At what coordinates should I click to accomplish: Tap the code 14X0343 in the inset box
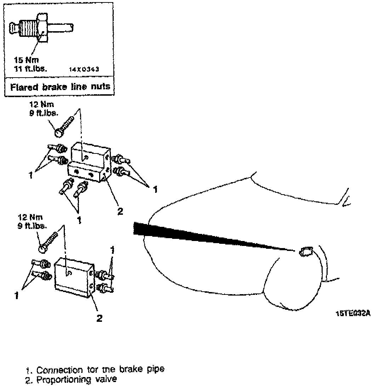coord(85,69)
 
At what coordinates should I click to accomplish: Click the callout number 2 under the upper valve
coord(120,212)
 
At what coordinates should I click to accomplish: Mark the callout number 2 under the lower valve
coord(100,318)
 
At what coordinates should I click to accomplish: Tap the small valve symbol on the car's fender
coord(305,252)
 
